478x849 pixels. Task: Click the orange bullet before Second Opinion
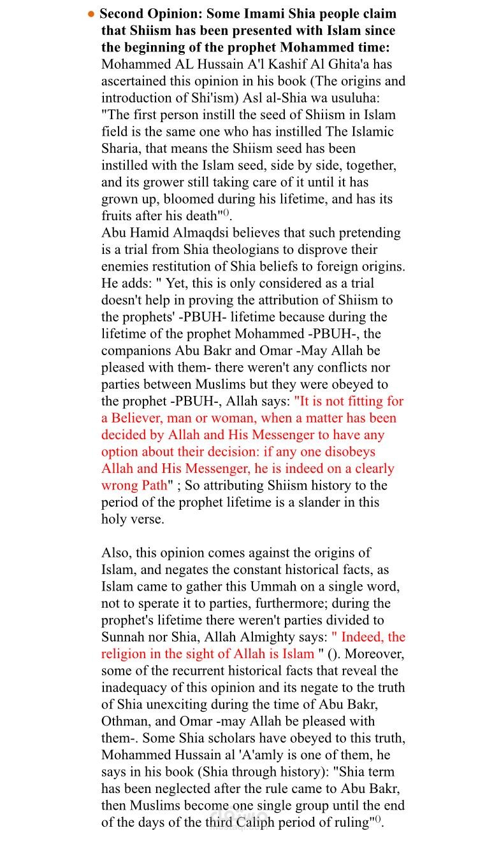pyautogui.click(x=92, y=14)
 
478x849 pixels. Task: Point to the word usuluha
pyautogui.click(x=368, y=98)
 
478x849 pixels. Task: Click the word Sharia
pyautogui.click(x=122, y=148)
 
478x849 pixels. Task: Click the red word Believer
pyautogui.click(x=140, y=418)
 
